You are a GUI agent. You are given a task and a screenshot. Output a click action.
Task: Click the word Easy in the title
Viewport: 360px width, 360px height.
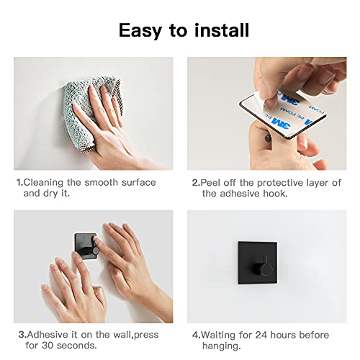(x=140, y=31)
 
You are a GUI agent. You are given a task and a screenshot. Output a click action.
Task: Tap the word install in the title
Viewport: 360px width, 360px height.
(x=222, y=30)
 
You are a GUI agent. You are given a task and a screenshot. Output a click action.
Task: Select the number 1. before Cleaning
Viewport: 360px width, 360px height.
(x=19, y=183)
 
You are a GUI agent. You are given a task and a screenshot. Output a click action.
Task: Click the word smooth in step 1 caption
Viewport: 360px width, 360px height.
(x=102, y=183)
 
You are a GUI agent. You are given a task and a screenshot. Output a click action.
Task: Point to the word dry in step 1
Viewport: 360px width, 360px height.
(x=50, y=194)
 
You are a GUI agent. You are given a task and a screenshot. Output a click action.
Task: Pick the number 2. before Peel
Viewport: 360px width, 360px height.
(x=196, y=183)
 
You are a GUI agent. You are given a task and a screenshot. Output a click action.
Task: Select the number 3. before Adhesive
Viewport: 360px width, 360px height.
(x=22, y=335)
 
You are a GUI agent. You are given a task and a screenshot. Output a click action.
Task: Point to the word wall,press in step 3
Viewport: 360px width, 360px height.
(x=136, y=335)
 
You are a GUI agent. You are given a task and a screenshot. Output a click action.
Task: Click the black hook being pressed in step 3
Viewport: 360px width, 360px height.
(x=86, y=246)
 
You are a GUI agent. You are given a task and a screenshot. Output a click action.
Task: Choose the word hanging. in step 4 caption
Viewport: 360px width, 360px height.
(x=221, y=346)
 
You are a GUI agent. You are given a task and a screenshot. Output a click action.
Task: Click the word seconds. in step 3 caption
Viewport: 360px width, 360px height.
(x=77, y=346)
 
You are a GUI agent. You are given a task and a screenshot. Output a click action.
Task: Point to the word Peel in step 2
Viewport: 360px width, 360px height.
(x=210, y=183)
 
